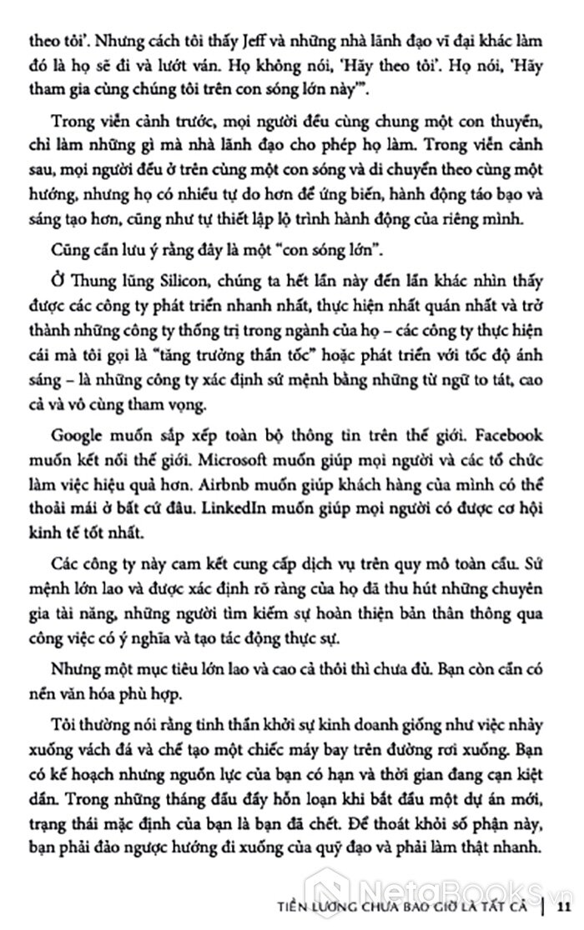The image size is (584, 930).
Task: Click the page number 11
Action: (564, 906)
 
